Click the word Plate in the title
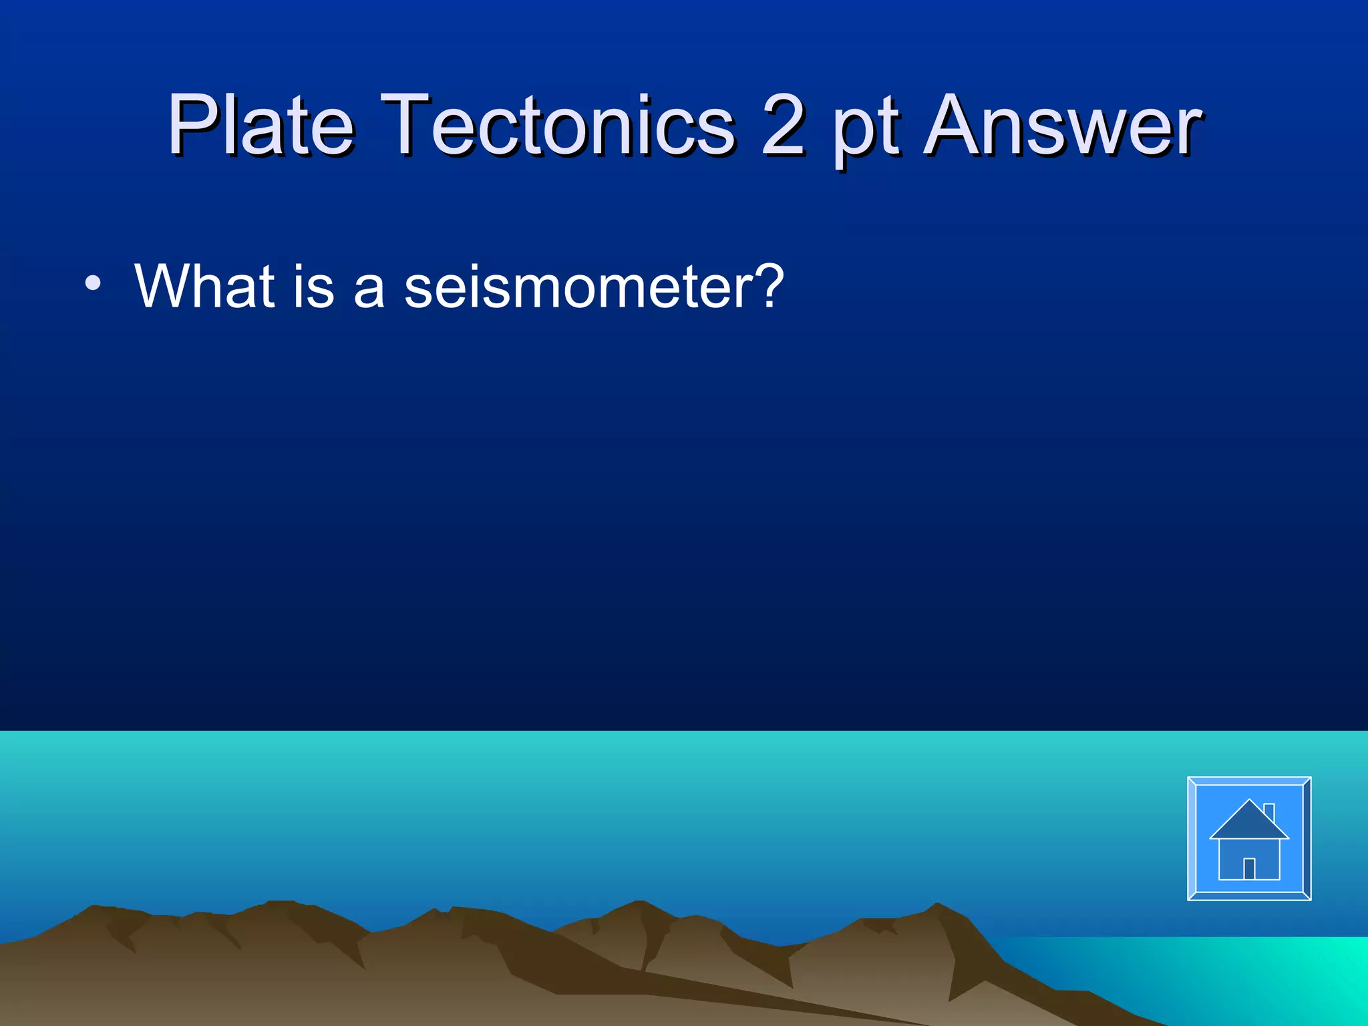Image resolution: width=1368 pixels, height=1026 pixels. click(261, 124)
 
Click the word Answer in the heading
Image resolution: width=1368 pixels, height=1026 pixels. click(1062, 124)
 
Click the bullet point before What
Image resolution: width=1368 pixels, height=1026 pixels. click(93, 283)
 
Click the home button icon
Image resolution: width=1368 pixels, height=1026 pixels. click(1248, 838)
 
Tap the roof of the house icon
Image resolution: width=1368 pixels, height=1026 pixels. click(1248, 822)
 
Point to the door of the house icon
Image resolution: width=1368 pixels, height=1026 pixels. click(1249, 868)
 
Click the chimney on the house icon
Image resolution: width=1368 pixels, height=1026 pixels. click(1269, 811)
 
